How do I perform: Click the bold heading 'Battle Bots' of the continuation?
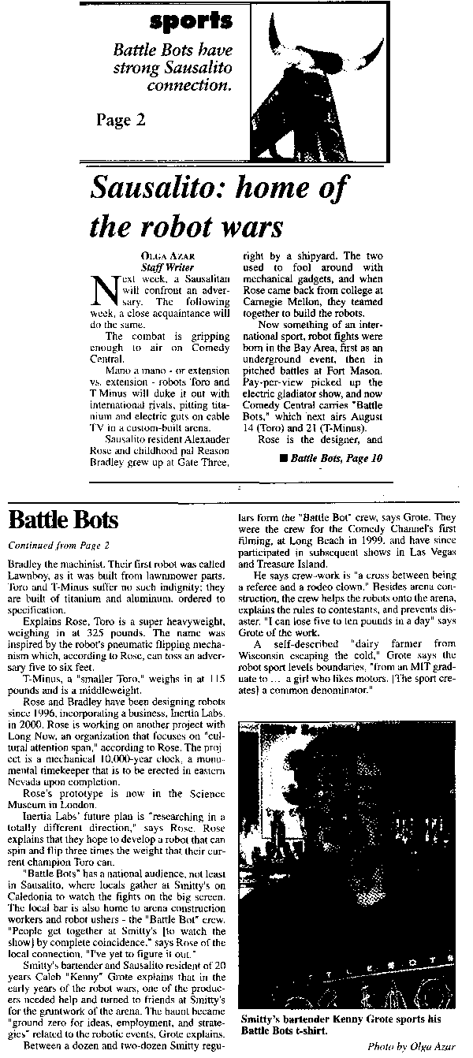tap(63, 520)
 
